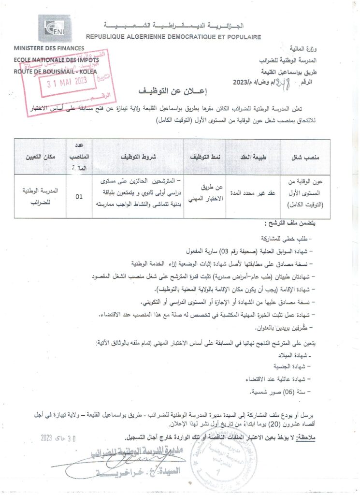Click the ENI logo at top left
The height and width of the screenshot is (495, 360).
pyautogui.click(x=54, y=29)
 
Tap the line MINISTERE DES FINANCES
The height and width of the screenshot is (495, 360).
pyautogui.click(x=49, y=48)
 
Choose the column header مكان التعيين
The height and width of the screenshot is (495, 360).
pyautogui.click(x=42, y=158)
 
